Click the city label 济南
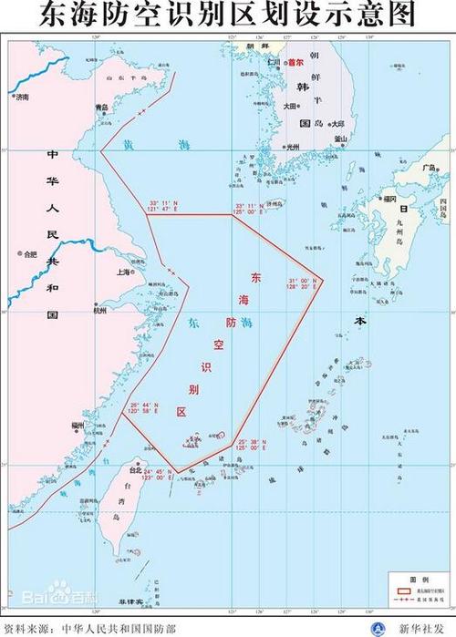tap(21, 96)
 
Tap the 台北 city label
tap(136, 470)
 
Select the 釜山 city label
tap(341, 139)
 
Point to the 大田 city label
tap(290, 106)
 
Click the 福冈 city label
tap(389, 198)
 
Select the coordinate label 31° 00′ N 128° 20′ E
tap(302, 283)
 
